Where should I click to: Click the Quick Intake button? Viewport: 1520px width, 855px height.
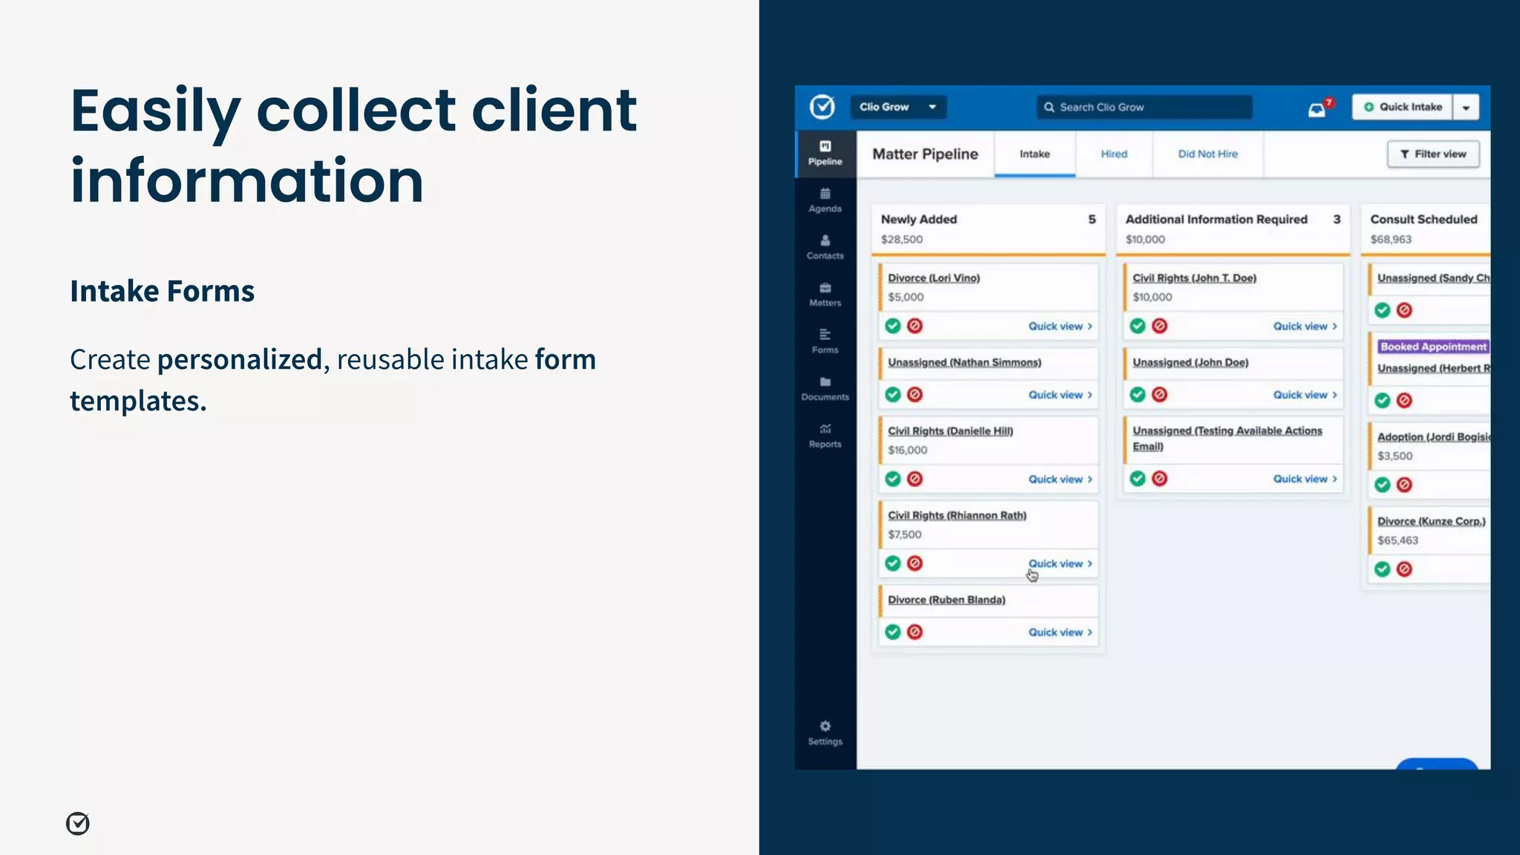click(1403, 107)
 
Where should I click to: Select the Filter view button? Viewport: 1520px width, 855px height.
click(1433, 154)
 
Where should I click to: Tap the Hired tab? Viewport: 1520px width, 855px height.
click(1113, 154)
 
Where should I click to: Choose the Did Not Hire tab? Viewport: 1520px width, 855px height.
click(1208, 154)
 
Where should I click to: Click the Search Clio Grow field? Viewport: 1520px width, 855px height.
click(1144, 107)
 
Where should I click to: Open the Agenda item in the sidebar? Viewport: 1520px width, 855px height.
click(825, 200)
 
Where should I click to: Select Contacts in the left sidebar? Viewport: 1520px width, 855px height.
click(825, 247)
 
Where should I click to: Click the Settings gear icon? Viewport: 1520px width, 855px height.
click(825, 726)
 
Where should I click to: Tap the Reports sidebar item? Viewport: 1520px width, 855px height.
click(825, 436)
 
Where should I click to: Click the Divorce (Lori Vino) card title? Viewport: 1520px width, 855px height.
click(934, 278)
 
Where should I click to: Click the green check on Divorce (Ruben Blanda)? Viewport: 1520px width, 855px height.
click(893, 632)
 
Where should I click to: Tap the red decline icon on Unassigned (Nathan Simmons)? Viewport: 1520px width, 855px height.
click(915, 395)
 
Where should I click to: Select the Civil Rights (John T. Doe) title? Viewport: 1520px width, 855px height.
click(1194, 278)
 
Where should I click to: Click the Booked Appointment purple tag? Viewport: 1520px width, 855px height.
click(1432, 347)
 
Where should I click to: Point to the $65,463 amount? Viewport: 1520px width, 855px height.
click(1398, 541)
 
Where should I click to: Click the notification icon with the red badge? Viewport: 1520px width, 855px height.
click(1317, 110)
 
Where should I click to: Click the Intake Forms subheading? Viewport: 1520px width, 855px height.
click(162, 291)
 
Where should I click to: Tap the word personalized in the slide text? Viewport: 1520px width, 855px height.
click(239, 360)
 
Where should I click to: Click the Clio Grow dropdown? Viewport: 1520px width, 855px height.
click(897, 107)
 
